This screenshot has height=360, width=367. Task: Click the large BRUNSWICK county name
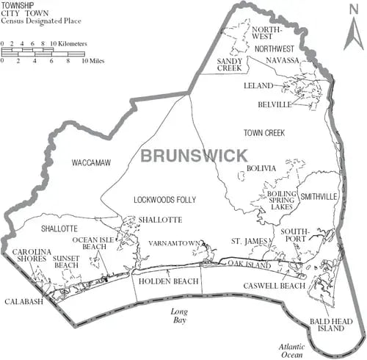(x=193, y=155)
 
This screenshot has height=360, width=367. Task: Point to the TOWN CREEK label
(x=264, y=133)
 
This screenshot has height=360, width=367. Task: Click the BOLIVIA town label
(x=261, y=168)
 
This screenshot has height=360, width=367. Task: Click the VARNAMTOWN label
(x=174, y=242)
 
